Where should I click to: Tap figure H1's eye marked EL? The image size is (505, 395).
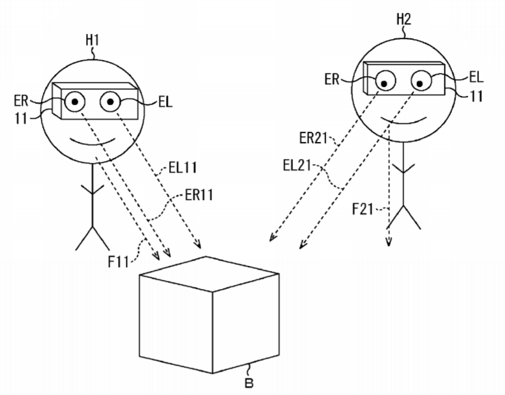(110, 100)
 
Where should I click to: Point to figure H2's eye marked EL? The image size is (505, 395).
(422, 81)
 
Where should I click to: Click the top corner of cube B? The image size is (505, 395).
(206, 256)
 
